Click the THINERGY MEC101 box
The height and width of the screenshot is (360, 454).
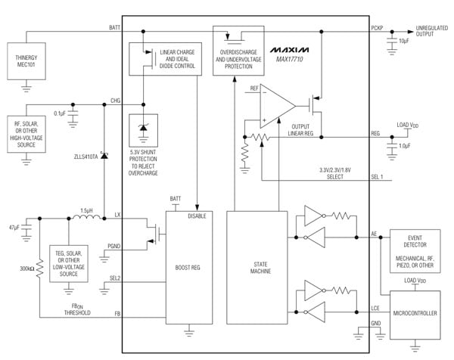click(26, 63)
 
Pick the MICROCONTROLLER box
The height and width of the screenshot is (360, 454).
click(415, 312)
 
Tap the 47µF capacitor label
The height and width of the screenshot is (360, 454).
click(13, 227)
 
